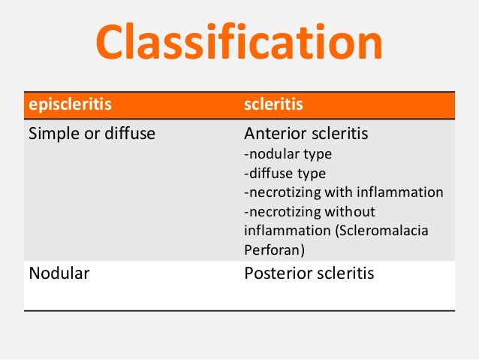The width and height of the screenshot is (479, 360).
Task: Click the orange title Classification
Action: click(x=239, y=44)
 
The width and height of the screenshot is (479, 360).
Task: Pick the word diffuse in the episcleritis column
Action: click(x=129, y=135)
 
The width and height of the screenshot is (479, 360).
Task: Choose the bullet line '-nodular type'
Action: click(x=288, y=154)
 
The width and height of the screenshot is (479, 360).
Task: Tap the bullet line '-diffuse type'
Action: click(x=285, y=173)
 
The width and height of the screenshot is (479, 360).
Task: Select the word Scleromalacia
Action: click(x=378, y=230)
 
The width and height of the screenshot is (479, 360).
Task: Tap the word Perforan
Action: click(x=273, y=250)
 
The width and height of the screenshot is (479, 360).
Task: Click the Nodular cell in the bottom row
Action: click(x=59, y=273)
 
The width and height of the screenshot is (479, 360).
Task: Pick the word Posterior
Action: click(x=278, y=273)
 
